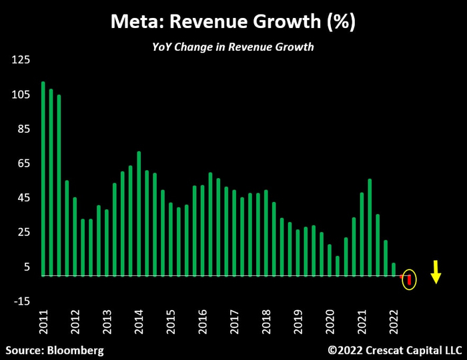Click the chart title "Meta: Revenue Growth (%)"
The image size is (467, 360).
click(x=233, y=21)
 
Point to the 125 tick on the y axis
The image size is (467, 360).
click(x=21, y=60)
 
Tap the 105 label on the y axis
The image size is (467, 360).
click(x=21, y=95)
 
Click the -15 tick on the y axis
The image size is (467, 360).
click(x=21, y=301)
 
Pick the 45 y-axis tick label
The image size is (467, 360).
click(x=22, y=198)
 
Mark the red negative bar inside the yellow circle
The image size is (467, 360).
click(x=409, y=280)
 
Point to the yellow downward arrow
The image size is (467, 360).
click(x=436, y=272)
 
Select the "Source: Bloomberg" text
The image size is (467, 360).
click(x=55, y=349)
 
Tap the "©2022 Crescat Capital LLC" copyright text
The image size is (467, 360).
click(x=393, y=349)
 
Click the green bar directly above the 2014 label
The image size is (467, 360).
click(x=139, y=213)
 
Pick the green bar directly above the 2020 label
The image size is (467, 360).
click(x=330, y=260)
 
